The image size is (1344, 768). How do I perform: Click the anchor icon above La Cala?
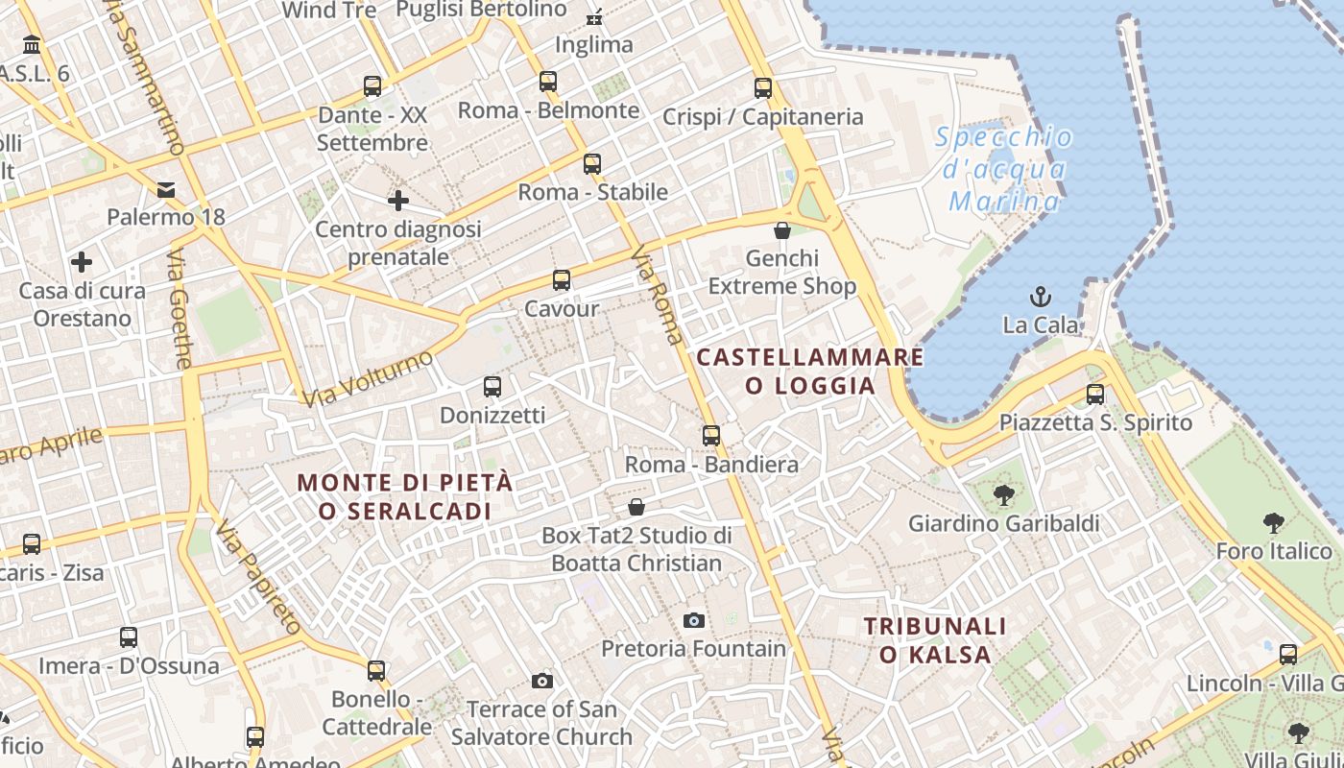pyautogui.click(x=1040, y=296)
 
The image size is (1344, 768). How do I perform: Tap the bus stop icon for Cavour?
pyautogui.click(x=562, y=280)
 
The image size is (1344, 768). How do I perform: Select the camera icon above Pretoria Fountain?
pyautogui.click(x=694, y=620)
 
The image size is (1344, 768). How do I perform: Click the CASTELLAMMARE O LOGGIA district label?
pyautogui.click(x=810, y=372)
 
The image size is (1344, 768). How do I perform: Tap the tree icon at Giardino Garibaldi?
pyautogui.click(x=1004, y=495)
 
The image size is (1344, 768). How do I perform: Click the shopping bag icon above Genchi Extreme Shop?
pyautogui.click(x=782, y=230)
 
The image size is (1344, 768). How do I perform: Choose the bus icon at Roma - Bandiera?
pyautogui.click(x=711, y=436)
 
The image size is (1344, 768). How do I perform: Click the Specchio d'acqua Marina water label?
pyautogui.click(x=1005, y=169)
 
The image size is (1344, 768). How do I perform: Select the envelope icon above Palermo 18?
pyautogui.click(x=167, y=188)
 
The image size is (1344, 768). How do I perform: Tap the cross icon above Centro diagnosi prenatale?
pyautogui.click(x=398, y=201)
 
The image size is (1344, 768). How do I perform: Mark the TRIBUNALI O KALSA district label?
pyautogui.click(x=935, y=640)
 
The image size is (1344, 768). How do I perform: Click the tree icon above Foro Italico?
pyautogui.click(x=1274, y=523)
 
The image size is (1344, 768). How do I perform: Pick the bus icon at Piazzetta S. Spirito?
pyautogui.click(x=1095, y=394)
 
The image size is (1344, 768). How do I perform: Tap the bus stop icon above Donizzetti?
pyautogui.click(x=492, y=387)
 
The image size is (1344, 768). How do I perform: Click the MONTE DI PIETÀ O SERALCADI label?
pyautogui.click(x=405, y=496)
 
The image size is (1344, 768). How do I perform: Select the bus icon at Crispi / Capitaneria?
pyautogui.click(x=763, y=88)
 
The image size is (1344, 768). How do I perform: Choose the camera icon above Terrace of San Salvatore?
pyautogui.click(x=542, y=681)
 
